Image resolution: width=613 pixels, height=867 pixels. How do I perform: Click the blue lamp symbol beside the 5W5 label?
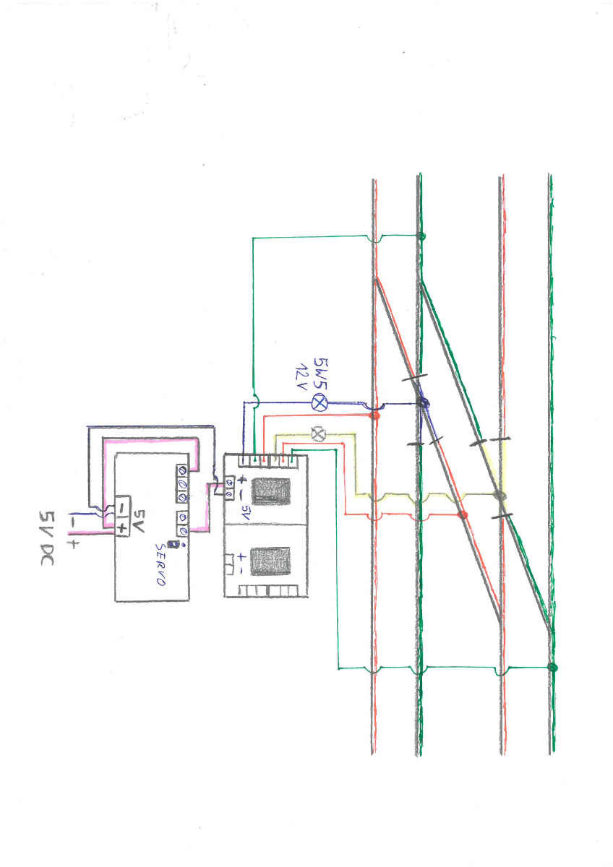coord(320,402)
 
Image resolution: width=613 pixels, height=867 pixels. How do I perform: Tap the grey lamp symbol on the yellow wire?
coord(318,434)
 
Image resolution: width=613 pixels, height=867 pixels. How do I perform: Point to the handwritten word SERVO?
coord(161,564)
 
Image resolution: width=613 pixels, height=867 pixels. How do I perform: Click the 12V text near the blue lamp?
coord(302,377)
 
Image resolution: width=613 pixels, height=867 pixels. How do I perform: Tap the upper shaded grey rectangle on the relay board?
coord(271,491)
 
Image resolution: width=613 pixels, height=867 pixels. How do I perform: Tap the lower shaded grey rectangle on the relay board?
coord(270,561)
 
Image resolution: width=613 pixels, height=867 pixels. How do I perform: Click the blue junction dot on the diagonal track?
coord(423,403)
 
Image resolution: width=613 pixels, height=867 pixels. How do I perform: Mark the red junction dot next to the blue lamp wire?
coord(374,415)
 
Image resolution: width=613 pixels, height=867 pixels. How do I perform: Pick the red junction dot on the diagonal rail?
coord(463,514)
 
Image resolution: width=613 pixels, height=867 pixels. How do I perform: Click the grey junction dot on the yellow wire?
coord(500,495)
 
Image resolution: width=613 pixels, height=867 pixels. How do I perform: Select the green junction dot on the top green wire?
coord(421,236)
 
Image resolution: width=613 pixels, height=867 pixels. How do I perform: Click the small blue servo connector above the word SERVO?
coord(174,544)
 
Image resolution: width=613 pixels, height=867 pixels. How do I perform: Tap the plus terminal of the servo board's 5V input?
coord(122,527)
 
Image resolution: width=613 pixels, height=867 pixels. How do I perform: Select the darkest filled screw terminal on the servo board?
coord(182,470)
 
